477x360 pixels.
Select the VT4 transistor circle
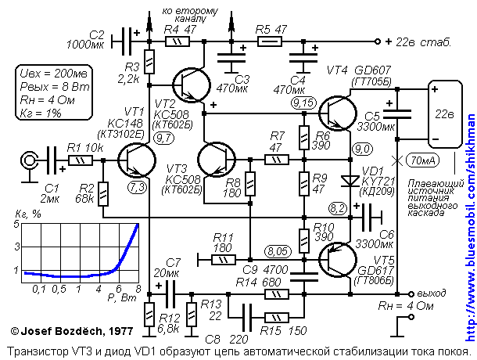pyautogui.click(x=343, y=113)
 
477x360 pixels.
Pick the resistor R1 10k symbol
pyautogui.click(x=80, y=161)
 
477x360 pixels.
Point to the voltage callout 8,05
pyautogui.click(x=277, y=251)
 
